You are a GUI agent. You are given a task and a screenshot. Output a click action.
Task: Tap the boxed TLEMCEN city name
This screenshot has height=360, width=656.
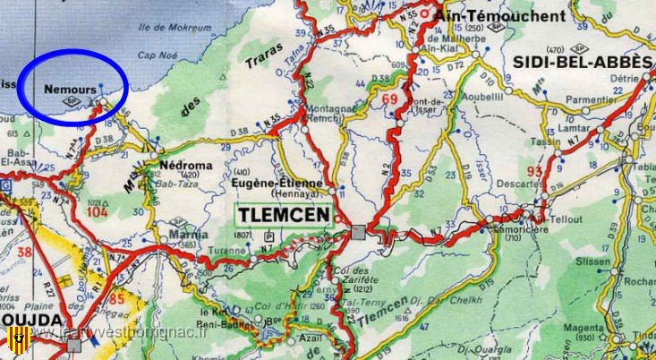coord(283,216)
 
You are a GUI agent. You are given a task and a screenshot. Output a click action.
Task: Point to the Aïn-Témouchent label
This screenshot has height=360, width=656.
coord(500,16)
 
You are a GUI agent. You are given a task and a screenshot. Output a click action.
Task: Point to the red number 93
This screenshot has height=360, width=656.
coord(535,171)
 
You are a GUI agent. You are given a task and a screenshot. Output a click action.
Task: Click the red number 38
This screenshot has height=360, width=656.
coord(24,252)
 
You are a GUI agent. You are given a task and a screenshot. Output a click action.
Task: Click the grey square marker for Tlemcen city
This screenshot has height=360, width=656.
coord(358,231)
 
